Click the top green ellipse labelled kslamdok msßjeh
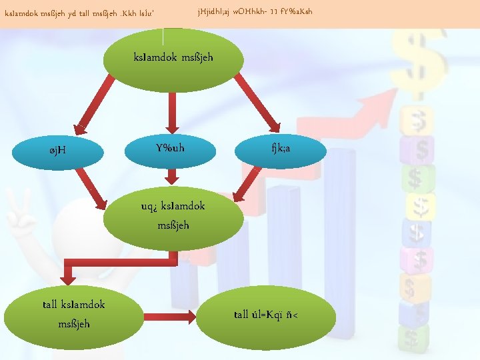click(173, 57)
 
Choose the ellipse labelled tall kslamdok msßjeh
click(73, 314)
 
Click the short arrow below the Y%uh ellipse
click(172, 176)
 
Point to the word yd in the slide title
click(73, 12)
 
